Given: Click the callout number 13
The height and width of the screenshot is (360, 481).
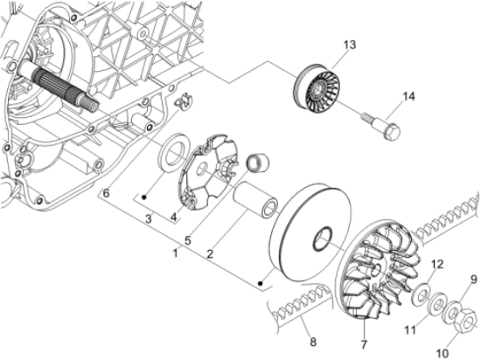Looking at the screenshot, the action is click(350, 45).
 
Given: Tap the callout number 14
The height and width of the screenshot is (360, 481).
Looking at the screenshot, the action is click(408, 96).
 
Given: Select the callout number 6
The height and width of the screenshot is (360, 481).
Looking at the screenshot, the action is click(106, 193).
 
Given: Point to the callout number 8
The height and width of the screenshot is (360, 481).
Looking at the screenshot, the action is click(313, 342).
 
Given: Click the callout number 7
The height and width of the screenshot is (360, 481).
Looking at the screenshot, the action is click(364, 344).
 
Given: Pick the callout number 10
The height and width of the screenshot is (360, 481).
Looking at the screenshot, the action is click(442, 353).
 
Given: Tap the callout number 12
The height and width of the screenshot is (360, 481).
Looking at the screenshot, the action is click(437, 264).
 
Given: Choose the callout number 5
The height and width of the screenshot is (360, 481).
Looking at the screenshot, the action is click(188, 240).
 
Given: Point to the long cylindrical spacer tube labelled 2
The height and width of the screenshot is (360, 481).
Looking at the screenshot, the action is click(256, 200).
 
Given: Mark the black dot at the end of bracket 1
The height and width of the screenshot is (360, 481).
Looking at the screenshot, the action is click(261, 283).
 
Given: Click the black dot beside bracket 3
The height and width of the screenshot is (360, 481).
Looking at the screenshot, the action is click(144, 197).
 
